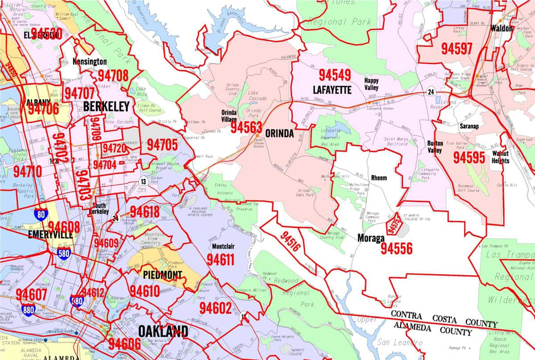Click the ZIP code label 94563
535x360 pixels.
point(247,128)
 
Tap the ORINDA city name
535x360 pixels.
point(280,134)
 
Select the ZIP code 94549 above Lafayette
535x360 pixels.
point(334,75)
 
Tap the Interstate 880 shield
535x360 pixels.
point(28,309)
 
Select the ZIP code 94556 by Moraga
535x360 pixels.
point(396,248)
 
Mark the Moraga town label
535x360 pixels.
point(370,238)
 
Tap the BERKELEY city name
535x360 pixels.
point(106,106)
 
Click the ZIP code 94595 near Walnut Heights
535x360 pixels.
point(469,157)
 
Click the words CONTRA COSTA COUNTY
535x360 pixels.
point(444,319)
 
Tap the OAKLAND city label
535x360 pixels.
point(163,331)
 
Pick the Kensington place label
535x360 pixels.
point(90,62)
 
